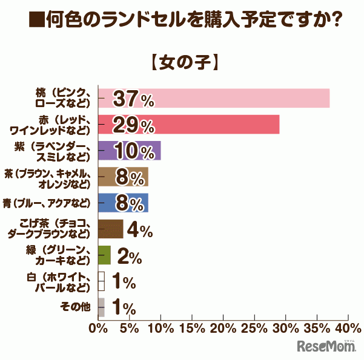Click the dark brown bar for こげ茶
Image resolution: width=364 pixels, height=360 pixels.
pos(110,229)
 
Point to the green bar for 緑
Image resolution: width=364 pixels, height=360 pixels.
pos(104,255)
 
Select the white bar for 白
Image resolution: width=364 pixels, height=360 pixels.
pos(101,281)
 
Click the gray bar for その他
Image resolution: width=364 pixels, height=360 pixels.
pos(101,307)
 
